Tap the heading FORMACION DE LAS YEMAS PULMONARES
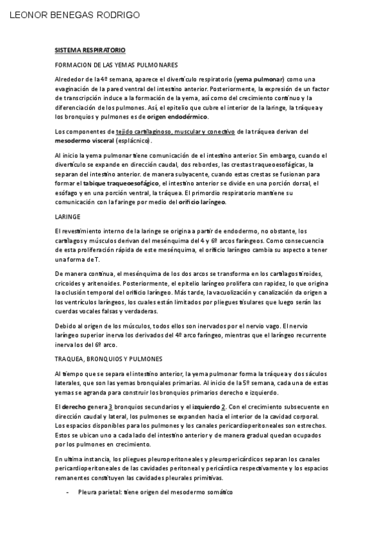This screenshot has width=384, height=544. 116,65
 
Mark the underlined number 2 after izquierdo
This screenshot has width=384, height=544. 222,407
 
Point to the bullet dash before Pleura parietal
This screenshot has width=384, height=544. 68,491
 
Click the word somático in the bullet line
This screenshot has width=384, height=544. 219,491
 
